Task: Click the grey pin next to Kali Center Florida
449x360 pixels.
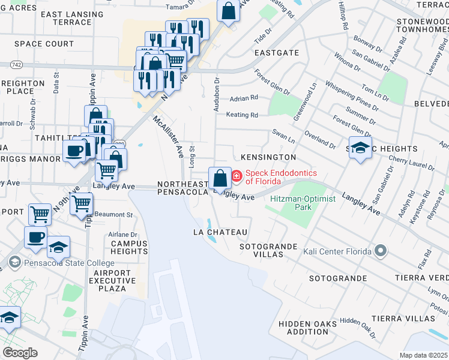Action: [379, 250]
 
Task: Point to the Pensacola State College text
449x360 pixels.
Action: [69, 263]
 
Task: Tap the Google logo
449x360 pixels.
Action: [20, 353]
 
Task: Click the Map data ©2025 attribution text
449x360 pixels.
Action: [423, 355]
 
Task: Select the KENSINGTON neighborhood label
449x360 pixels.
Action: [268, 157]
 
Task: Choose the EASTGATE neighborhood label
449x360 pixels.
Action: [276, 53]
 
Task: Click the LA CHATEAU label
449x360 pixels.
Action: [220, 232]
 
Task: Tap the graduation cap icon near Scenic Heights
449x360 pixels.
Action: [360, 148]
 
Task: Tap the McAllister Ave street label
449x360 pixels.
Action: [168, 137]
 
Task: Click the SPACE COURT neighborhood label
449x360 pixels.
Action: [44, 44]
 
